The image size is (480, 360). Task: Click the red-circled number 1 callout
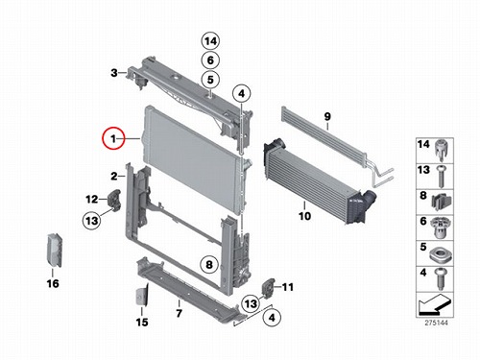point(113,138)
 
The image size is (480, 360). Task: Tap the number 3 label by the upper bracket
point(114,73)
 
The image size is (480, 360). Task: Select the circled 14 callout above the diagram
point(210,41)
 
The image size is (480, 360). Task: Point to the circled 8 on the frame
point(209,265)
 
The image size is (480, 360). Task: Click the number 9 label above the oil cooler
point(327,116)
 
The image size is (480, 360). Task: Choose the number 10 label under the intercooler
point(304,216)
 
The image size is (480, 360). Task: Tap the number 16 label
point(53,283)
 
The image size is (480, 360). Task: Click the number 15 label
point(142,322)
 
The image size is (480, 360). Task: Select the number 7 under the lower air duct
point(180,313)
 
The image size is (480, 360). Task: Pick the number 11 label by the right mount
point(288,287)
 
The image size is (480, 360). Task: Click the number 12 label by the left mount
point(92,200)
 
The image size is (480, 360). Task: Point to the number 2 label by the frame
point(114,176)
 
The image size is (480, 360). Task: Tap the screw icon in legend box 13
point(441,177)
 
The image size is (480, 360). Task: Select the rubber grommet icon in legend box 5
point(441,254)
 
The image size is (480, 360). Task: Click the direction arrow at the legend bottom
point(435,304)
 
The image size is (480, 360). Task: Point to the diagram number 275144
point(437,323)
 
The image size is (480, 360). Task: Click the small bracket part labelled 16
point(55,250)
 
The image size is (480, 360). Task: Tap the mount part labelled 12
point(114,199)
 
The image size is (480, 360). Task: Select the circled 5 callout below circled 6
point(210,80)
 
